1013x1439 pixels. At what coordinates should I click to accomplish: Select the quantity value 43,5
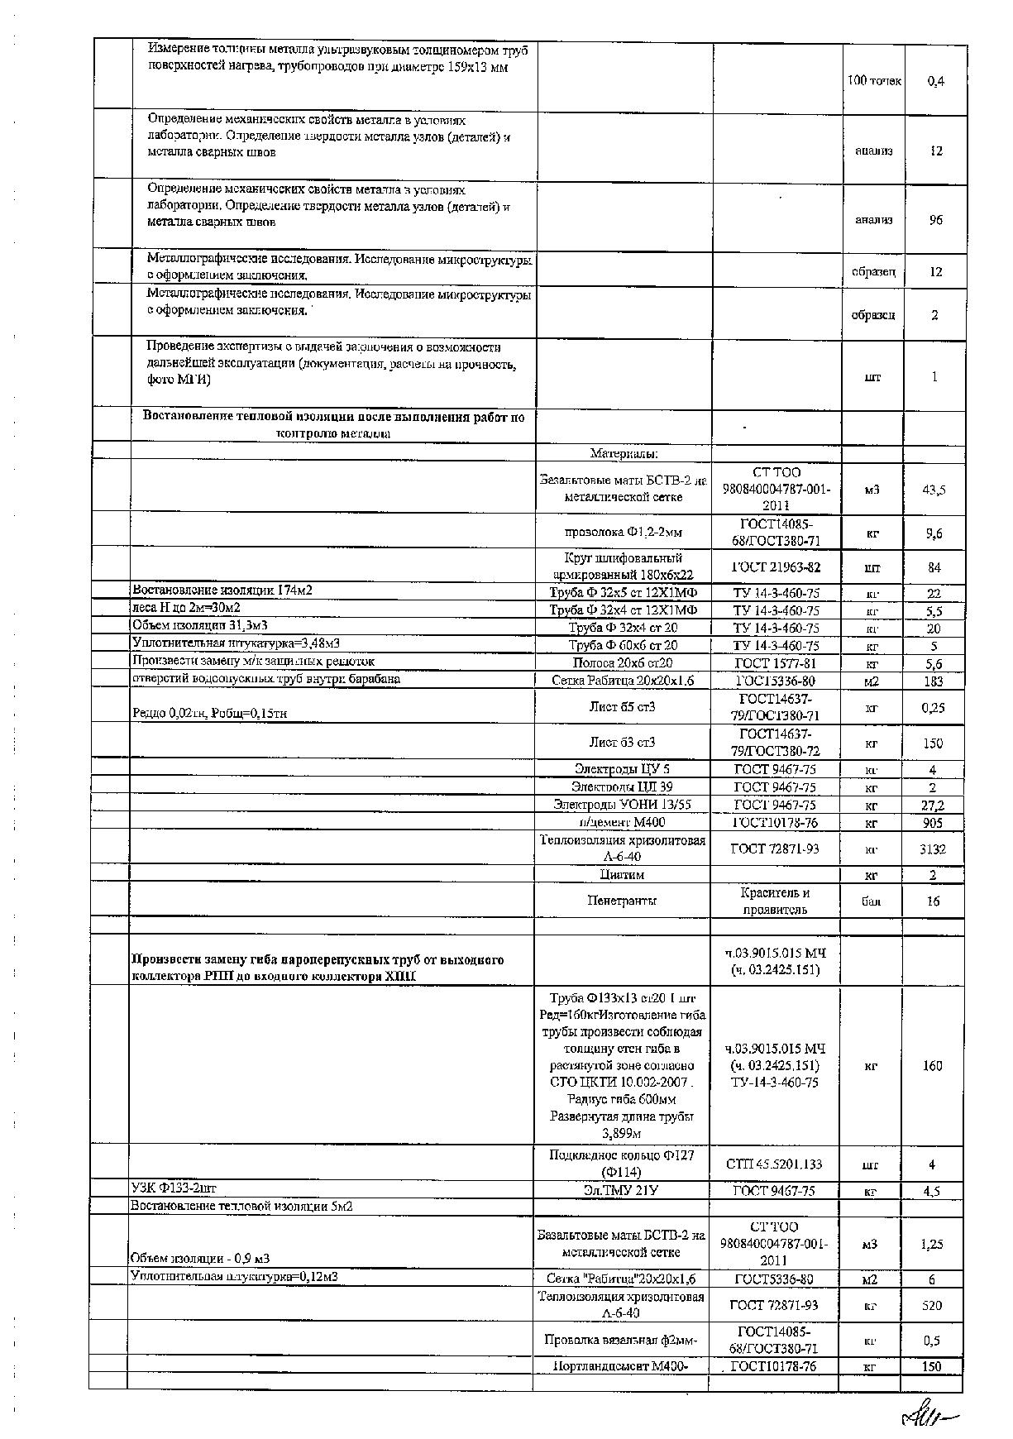[934, 490]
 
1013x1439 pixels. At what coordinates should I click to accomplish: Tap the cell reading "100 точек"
[874, 81]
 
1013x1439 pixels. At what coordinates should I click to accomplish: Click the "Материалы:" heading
[624, 453]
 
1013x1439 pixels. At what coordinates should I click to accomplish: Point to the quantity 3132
[933, 849]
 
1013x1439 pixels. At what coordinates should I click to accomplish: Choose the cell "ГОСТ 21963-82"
[776, 567]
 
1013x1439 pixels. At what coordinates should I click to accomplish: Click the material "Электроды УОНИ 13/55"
[622, 805]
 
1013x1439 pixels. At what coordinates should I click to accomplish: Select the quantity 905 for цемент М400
[933, 823]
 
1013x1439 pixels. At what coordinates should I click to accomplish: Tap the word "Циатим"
[622, 874]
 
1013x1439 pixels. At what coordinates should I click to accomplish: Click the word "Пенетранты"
[622, 901]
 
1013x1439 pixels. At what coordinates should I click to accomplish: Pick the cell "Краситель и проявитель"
[776, 901]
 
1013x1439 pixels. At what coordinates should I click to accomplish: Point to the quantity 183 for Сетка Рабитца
[933, 681]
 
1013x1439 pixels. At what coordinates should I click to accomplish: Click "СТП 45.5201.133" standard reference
[775, 1164]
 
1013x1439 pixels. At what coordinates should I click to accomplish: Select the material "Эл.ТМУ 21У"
[621, 1191]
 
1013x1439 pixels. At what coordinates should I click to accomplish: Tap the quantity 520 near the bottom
[932, 1305]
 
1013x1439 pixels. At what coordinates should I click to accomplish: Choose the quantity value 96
[935, 220]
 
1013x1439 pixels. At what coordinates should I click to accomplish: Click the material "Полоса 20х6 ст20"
[622, 663]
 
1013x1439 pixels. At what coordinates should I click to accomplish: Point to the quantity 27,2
[933, 805]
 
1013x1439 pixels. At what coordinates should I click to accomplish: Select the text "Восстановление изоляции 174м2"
[222, 590]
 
